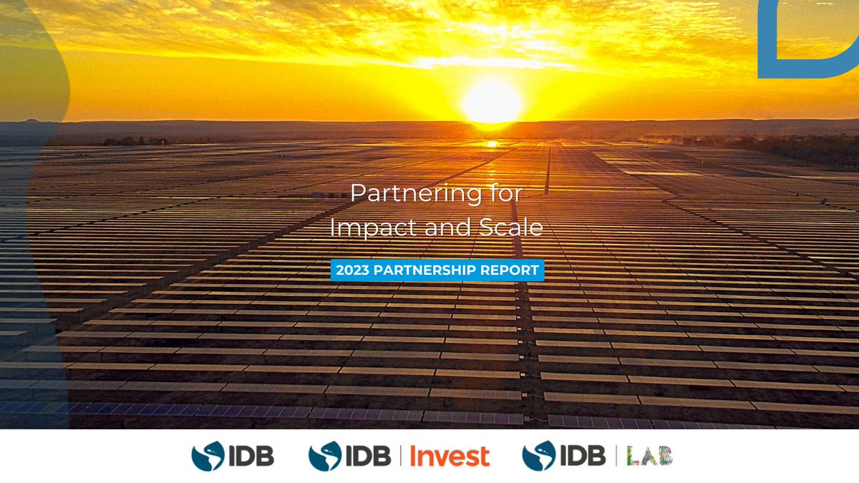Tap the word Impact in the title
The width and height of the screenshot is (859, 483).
coord(369,228)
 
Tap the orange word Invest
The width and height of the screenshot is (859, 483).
coord(450,457)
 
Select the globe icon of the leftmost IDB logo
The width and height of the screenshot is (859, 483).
coord(208,457)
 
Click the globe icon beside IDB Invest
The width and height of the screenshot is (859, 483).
coord(324,457)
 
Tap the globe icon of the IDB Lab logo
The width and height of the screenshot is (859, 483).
coord(538,457)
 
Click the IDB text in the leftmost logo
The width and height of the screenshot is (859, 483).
coord(251,457)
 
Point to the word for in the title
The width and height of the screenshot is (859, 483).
coord(503,193)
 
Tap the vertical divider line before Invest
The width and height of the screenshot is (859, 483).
coord(401,457)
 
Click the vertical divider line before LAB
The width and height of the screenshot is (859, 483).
coord(615,457)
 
